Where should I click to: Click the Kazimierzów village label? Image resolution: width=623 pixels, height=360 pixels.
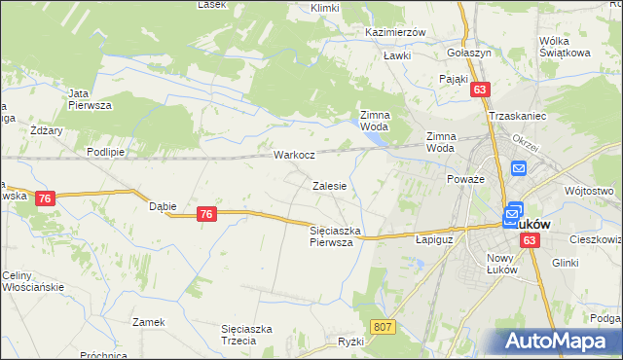[395, 32]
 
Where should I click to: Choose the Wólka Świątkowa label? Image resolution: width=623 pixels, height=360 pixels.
[567, 47]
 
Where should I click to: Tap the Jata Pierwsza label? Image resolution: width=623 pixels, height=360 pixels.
[90, 98]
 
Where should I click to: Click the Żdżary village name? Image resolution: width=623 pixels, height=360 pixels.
[46, 130]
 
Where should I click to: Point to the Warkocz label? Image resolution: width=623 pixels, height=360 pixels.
[293, 155]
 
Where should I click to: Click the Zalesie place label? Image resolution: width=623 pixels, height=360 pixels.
[330, 185]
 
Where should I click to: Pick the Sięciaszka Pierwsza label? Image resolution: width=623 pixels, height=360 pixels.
[336, 236]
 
